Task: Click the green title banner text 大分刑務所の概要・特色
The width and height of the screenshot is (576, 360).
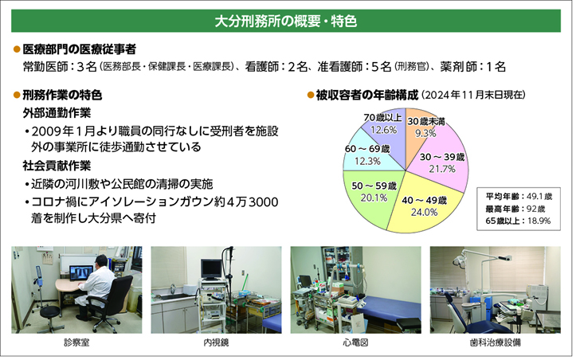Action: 286,21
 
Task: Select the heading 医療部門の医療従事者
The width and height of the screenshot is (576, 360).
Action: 80,49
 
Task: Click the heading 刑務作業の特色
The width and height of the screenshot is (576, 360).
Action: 62,95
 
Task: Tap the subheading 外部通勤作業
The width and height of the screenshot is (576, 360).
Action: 57,113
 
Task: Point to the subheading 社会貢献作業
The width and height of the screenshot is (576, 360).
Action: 57,166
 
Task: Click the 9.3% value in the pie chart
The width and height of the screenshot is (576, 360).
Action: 425,133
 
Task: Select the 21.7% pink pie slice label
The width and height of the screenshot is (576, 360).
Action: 442,169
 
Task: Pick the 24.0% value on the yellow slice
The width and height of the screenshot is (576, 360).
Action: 425,212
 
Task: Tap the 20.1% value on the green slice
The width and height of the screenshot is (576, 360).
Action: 374,198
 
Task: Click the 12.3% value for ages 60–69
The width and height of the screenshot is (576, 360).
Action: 367,161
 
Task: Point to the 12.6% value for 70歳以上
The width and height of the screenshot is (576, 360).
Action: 383,129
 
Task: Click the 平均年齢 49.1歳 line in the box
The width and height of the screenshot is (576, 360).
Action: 519,196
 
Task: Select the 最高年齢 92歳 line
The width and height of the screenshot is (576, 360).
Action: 515,209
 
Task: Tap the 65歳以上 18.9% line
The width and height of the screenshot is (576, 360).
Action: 518,221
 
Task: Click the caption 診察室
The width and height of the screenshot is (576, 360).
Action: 76,342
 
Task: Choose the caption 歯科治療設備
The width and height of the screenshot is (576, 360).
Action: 496,342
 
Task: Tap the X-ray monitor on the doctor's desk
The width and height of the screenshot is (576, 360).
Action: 81,273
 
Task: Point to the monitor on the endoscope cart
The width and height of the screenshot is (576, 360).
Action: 212,269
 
